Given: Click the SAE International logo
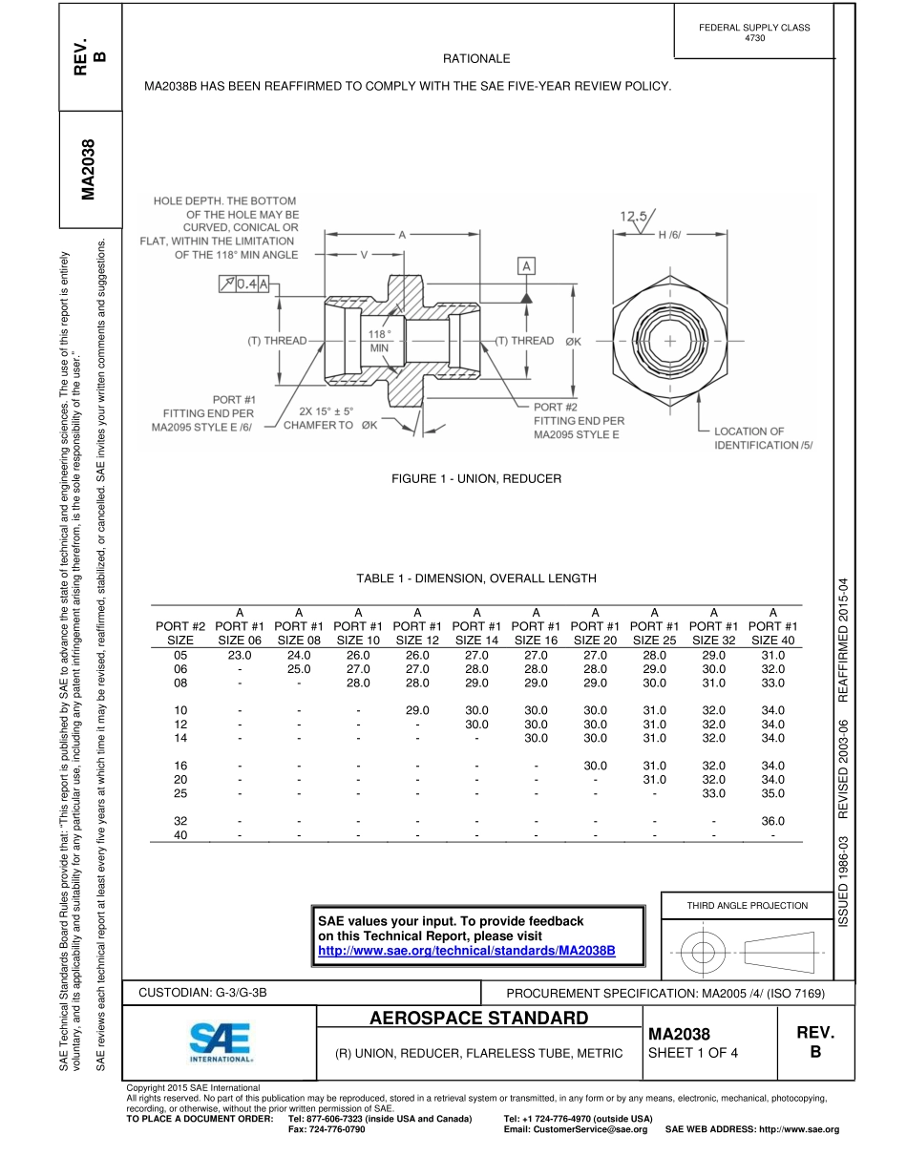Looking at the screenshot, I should [221, 1043].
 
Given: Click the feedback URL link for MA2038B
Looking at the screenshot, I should [466, 952].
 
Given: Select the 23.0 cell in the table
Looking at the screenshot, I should [239, 656].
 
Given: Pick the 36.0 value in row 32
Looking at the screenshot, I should [772, 821].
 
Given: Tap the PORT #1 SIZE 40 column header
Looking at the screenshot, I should [772, 626].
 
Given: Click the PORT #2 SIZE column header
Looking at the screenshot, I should [180, 633].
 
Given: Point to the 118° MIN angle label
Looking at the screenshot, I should [379, 341].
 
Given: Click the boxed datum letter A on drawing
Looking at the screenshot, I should [525, 266].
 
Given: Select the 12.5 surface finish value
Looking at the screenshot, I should [634, 217].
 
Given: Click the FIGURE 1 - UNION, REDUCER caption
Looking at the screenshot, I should [476, 478].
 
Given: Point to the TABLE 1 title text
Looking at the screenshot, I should [475, 578].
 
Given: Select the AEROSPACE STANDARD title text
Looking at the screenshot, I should [478, 1018].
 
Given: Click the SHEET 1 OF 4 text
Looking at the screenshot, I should [692, 1053].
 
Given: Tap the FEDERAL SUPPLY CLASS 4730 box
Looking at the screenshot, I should [753, 32].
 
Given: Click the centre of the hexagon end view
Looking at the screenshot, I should [671, 341].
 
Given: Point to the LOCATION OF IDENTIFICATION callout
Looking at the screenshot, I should [763, 438].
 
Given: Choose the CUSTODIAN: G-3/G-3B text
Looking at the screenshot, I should [202, 993].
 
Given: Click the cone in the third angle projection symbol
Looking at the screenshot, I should [780, 952].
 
